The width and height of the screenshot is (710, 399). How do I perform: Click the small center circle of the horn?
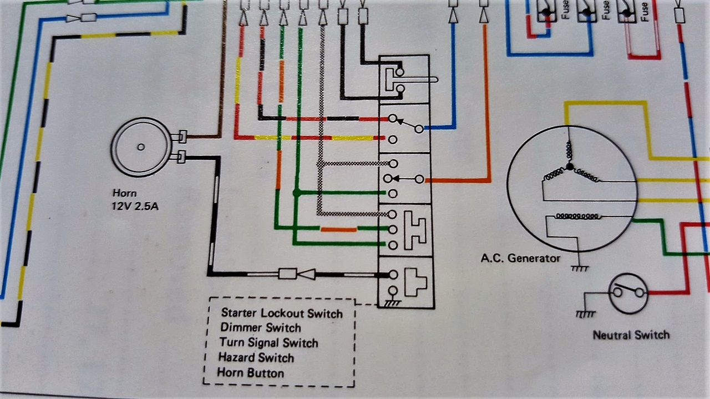(141, 147)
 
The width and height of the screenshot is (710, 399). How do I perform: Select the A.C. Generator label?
(520, 258)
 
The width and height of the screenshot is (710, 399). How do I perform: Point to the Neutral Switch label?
(631, 335)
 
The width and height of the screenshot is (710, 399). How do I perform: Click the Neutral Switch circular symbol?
(628, 294)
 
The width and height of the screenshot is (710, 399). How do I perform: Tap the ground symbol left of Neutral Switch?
(586, 314)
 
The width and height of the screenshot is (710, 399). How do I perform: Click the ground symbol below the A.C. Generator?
(579, 268)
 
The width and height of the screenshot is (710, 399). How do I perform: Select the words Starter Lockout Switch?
(282, 314)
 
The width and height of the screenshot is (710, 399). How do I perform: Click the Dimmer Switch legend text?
(261, 328)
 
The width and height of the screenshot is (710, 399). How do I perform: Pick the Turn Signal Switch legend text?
(269, 343)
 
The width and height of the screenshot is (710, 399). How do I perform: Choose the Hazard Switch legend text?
(256, 358)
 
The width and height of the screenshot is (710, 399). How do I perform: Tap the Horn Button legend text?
(250, 372)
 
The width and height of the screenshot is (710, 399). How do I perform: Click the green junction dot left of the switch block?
(297, 193)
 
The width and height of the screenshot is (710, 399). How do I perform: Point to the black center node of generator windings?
(570, 166)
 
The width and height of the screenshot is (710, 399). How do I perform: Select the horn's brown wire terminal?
(181, 137)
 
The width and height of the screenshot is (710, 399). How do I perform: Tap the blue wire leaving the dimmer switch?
(441, 128)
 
